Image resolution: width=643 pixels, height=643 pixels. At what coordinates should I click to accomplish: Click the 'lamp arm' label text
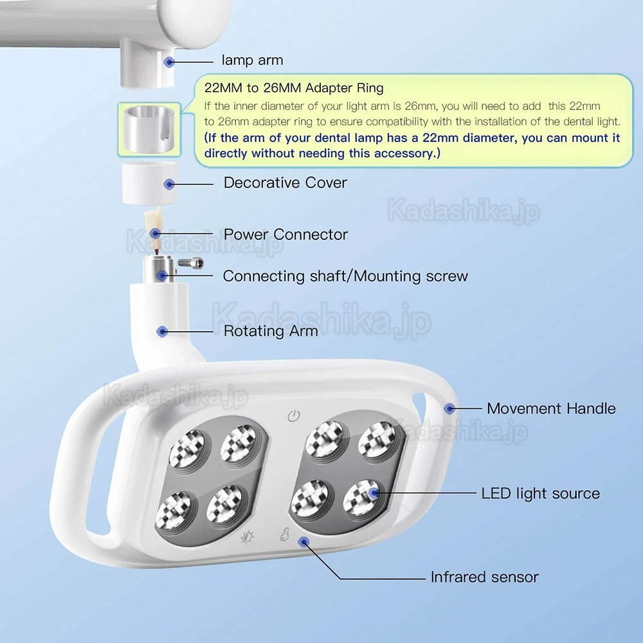(252, 60)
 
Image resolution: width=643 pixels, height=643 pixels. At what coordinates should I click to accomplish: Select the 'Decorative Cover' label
(285, 183)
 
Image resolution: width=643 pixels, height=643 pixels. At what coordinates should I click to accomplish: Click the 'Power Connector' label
(285, 234)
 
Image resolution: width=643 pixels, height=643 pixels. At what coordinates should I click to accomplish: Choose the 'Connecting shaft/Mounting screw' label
(345, 276)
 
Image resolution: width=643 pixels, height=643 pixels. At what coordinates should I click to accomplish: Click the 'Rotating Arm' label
(270, 331)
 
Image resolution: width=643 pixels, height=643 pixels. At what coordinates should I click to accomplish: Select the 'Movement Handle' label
(551, 408)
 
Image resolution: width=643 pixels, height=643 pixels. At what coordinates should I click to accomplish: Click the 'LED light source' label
(540, 494)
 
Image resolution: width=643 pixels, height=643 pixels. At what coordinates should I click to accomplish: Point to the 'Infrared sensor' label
(484, 577)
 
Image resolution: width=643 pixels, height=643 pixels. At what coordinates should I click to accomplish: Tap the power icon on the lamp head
(293, 416)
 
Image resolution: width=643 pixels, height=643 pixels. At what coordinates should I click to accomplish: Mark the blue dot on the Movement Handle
(450, 408)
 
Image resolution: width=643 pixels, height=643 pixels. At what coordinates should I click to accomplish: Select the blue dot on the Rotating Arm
(163, 331)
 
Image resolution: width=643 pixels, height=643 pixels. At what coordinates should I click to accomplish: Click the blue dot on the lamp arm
(168, 62)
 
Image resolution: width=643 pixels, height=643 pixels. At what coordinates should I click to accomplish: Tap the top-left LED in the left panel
(185, 447)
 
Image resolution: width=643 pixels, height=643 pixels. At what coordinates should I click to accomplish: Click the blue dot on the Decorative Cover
(168, 183)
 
